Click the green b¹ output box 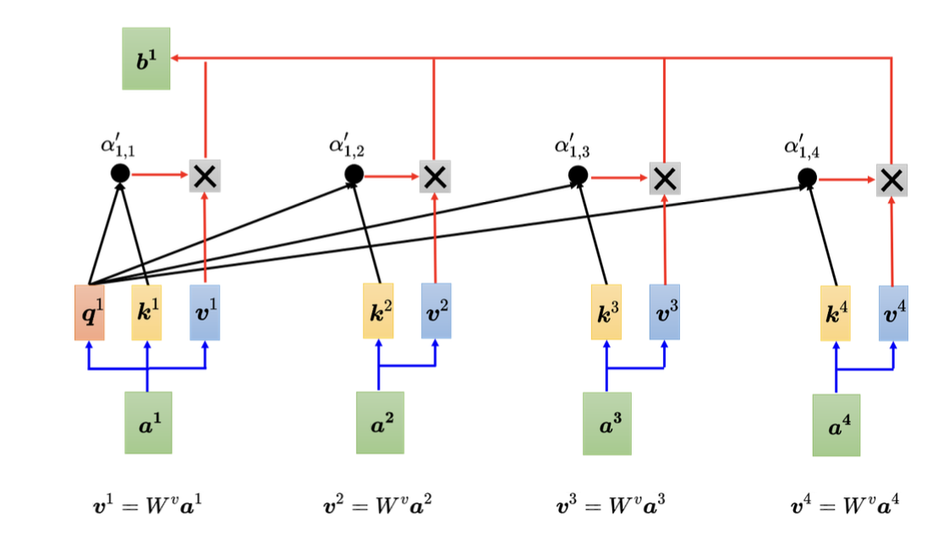[145, 58]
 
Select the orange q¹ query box [89, 311]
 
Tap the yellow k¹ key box [147, 311]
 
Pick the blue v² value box [436, 311]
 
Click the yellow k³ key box [606, 312]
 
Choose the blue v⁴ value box [893, 312]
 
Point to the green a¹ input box [148, 422]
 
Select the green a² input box [380, 422]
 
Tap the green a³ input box [606, 423]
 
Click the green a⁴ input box [836, 425]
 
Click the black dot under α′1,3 [578, 176]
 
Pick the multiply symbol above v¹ [205, 176]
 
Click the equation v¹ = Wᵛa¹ [147, 507]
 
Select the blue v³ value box [664, 312]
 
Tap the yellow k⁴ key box [835, 312]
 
